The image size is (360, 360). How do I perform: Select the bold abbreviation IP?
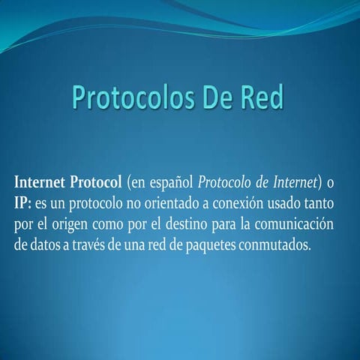[22, 204]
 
